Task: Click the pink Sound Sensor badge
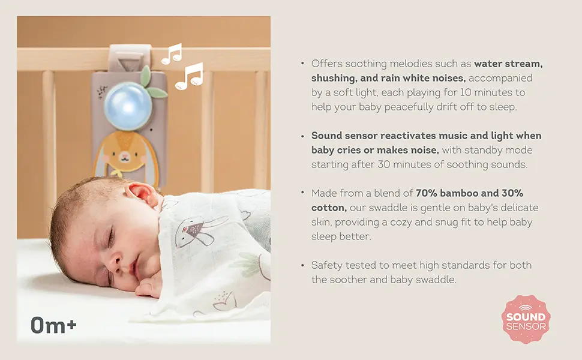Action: (526, 319)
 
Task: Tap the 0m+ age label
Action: (53, 326)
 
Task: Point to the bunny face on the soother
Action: (125, 157)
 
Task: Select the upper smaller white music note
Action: (172, 55)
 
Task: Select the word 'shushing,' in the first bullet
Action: (335, 78)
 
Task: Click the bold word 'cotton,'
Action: (329, 208)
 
